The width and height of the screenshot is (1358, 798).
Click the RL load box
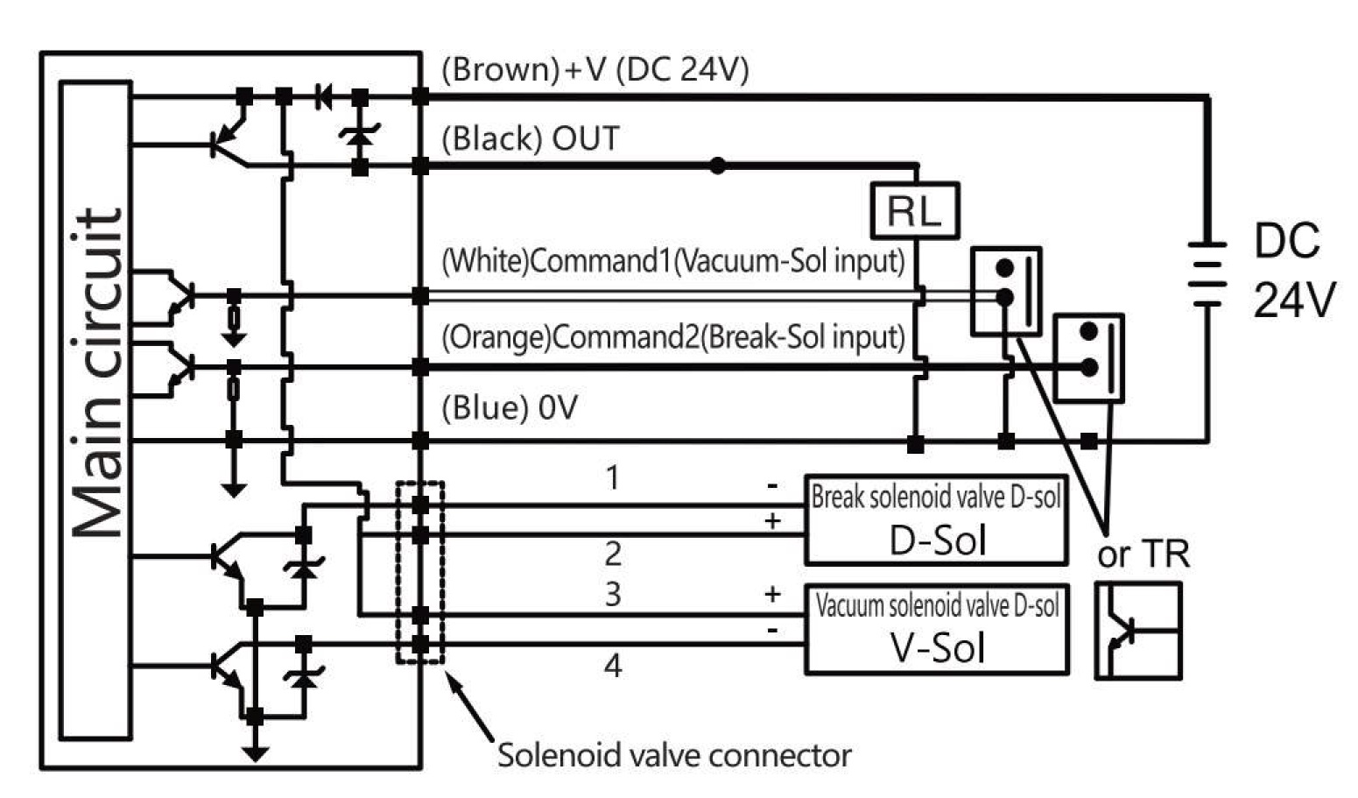pyautogui.click(x=915, y=211)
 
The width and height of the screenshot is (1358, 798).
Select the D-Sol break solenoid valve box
pyautogui.click(x=936, y=520)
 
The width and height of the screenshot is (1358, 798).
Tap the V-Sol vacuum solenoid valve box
pyautogui.click(x=936, y=629)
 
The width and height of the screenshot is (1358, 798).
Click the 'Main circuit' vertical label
pyautogui.click(x=96, y=372)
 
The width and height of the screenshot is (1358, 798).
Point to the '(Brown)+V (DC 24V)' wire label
pyautogui.click(x=595, y=69)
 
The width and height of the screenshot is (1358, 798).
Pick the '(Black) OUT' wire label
pyautogui.click(x=531, y=138)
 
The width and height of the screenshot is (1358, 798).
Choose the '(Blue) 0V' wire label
pyautogui.click(x=510, y=408)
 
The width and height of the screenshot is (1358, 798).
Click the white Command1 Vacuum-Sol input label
pyautogui.click(x=672, y=261)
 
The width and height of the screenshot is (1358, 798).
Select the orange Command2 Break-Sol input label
pyautogui.click(x=672, y=337)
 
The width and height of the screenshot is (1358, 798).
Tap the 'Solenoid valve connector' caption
pyautogui.click(x=674, y=755)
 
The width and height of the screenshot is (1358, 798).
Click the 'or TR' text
pyautogui.click(x=1143, y=554)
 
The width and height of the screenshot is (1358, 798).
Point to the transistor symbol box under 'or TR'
pyautogui.click(x=1138, y=631)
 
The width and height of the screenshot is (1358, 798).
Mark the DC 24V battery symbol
pyautogui.click(x=1207, y=272)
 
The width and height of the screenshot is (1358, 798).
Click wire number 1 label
pyautogui.click(x=613, y=478)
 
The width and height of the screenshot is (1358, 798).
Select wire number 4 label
pyautogui.click(x=613, y=666)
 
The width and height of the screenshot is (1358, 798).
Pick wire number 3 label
pyautogui.click(x=613, y=594)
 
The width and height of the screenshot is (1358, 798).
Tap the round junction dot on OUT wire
pyautogui.click(x=717, y=166)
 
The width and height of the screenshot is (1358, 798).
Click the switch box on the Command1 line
pyautogui.click(x=1006, y=291)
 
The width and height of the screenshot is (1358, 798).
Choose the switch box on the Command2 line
pyautogui.click(x=1088, y=358)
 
